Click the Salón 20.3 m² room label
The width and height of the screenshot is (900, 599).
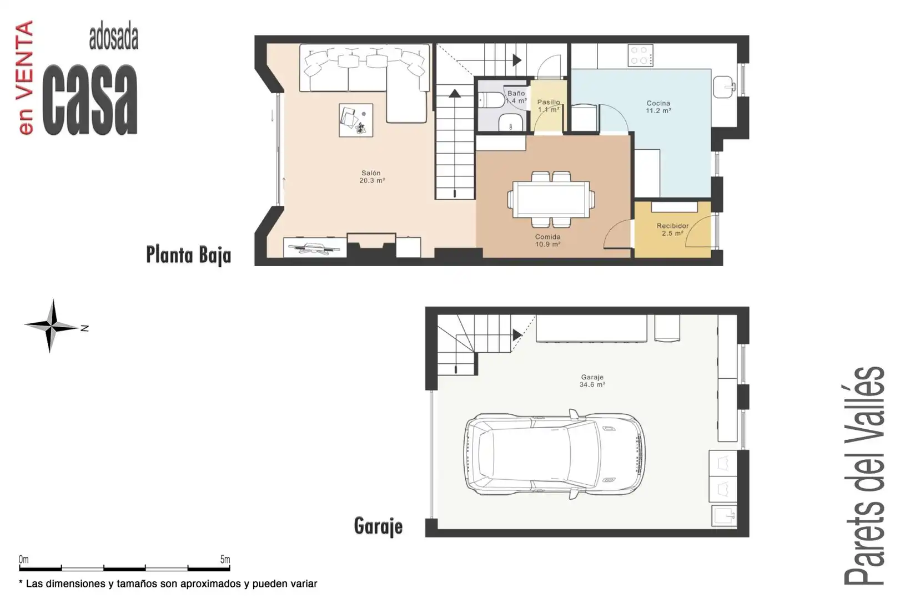pyautogui.click(x=372, y=177)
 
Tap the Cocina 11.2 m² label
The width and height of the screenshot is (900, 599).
pyautogui.click(x=658, y=107)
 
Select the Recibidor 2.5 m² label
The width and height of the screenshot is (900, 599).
pyautogui.click(x=672, y=230)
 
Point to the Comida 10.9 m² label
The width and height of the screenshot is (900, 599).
pyautogui.click(x=547, y=241)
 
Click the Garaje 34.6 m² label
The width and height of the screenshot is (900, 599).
pyautogui.click(x=592, y=381)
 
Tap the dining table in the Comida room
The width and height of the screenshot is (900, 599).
pyautogui.click(x=551, y=199)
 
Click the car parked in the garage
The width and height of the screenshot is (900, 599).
pyautogui.click(x=555, y=454)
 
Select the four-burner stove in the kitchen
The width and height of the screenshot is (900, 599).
pyautogui.click(x=641, y=55)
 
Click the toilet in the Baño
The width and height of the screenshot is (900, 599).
pyautogui.click(x=491, y=100)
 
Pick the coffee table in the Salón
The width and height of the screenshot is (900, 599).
pyautogui.click(x=356, y=120)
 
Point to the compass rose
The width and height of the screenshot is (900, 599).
pyautogui.click(x=52, y=326)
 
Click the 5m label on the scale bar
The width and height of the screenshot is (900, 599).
pyautogui.click(x=225, y=559)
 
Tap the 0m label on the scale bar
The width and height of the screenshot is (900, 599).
pyautogui.click(x=24, y=559)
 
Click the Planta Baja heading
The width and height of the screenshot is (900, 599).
pyautogui.click(x=188, y=255)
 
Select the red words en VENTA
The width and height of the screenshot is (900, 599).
pyautogui.click(x=26, y=78)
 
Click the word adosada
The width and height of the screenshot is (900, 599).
pyautogui.click(x=114, y=38)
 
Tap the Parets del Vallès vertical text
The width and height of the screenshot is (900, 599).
pyautogui.click(x=864, y=476)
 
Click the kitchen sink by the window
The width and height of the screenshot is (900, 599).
pyautogui.click(x=724, y=87)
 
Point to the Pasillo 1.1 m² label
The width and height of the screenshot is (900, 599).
pyautogui.click(x=549, y=106)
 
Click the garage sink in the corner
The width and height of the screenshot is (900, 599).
pyautogui.click(x=725, y=516)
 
